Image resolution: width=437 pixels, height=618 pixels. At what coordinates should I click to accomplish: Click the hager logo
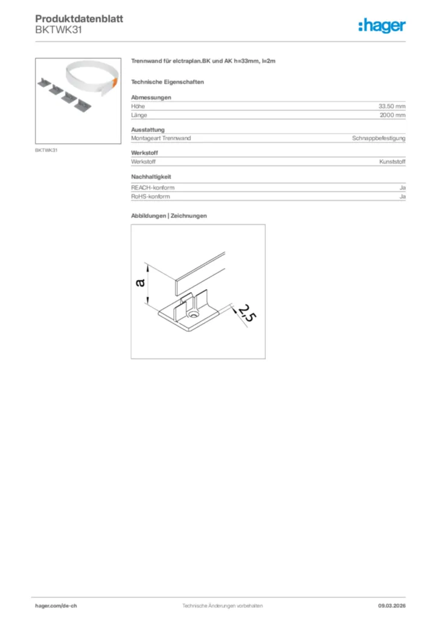tap(381, 25)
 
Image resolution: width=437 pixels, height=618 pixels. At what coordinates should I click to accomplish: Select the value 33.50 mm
tap(392, 106)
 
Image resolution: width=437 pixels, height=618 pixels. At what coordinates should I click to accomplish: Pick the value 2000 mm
tap(393, 115)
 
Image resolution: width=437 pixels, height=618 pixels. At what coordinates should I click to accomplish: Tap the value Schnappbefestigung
tap(379, 138)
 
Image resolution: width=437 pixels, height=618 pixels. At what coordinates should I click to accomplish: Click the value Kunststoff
tap(392, 162)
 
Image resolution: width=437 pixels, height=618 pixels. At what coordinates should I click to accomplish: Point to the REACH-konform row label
tap(153, 188)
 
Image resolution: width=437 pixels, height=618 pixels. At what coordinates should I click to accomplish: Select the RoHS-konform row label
tap(150, 197)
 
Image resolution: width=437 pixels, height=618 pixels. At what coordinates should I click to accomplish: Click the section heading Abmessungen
tap(151, 97)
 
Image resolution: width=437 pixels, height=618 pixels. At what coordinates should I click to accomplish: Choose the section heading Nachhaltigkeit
tap(152, 177)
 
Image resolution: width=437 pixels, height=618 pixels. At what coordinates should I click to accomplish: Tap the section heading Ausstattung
tap(148, 130)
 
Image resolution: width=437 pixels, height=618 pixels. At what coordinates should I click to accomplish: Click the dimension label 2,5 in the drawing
tap(244, 314)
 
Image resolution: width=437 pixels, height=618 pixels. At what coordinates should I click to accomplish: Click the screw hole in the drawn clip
tap(194, 316)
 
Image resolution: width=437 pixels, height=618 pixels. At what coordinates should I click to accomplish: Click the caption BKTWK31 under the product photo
tap(46, 150)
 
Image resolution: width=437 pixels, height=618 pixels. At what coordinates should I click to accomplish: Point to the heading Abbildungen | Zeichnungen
tap(169, 215)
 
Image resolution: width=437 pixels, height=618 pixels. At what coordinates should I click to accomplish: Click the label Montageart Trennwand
tap(161, 138)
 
